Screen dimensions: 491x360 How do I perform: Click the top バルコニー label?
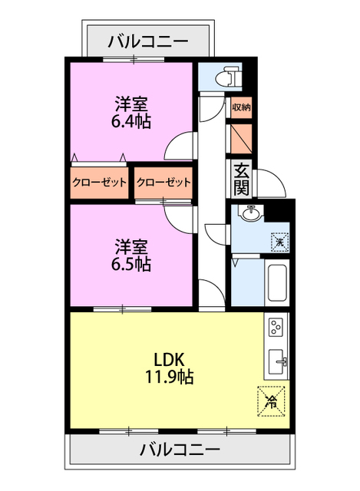click(147, 40)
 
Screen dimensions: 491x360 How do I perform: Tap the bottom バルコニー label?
click(180, 450)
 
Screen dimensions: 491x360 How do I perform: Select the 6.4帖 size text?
click(132, 120)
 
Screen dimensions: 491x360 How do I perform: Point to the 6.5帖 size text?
click(132, 265)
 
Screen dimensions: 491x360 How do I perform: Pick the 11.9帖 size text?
click(170, 377)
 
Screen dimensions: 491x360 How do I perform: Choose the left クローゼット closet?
click(100, 183)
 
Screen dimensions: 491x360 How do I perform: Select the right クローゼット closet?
click(163, 183)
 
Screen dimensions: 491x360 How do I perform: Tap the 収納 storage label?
click(241, 107)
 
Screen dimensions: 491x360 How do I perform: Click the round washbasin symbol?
click(249, 214)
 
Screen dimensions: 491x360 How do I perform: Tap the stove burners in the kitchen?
click(276, 328)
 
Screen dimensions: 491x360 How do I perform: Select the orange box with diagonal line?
click(240, 138)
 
